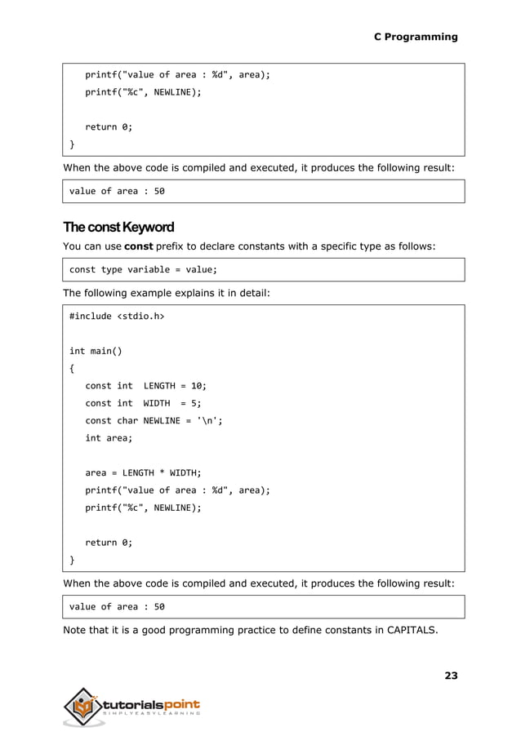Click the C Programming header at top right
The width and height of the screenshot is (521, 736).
point(415,37)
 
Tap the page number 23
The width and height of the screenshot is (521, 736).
point(451,675)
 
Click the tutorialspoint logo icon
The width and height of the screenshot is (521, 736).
point(85,706)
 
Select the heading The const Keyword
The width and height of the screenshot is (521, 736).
point(118,227)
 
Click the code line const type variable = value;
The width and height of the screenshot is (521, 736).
point(143,269)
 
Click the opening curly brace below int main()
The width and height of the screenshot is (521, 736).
point(72,369)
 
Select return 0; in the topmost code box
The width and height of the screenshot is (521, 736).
point(109,126)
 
